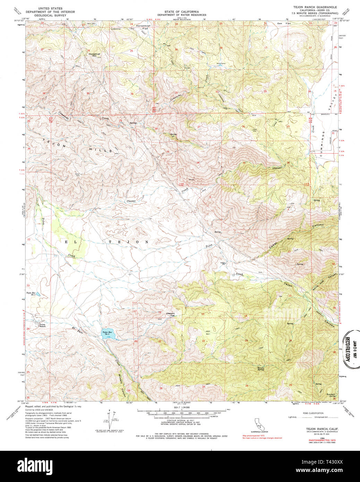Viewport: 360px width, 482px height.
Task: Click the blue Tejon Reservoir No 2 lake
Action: pyautogui.click(x=107, y=334)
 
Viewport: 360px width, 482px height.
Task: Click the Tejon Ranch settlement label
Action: pyautogui.click(x=42, y=325)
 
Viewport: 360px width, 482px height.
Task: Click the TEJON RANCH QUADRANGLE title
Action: pyautogui.click(x=316, y=8)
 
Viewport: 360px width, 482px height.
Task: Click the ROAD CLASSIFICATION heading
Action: pyautogui.click(x=313, y=413)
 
